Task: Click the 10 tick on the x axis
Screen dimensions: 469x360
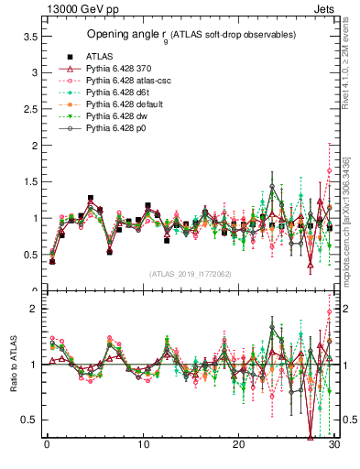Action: tap(143, 446)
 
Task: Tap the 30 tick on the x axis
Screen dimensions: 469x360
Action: tap(334, 446)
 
